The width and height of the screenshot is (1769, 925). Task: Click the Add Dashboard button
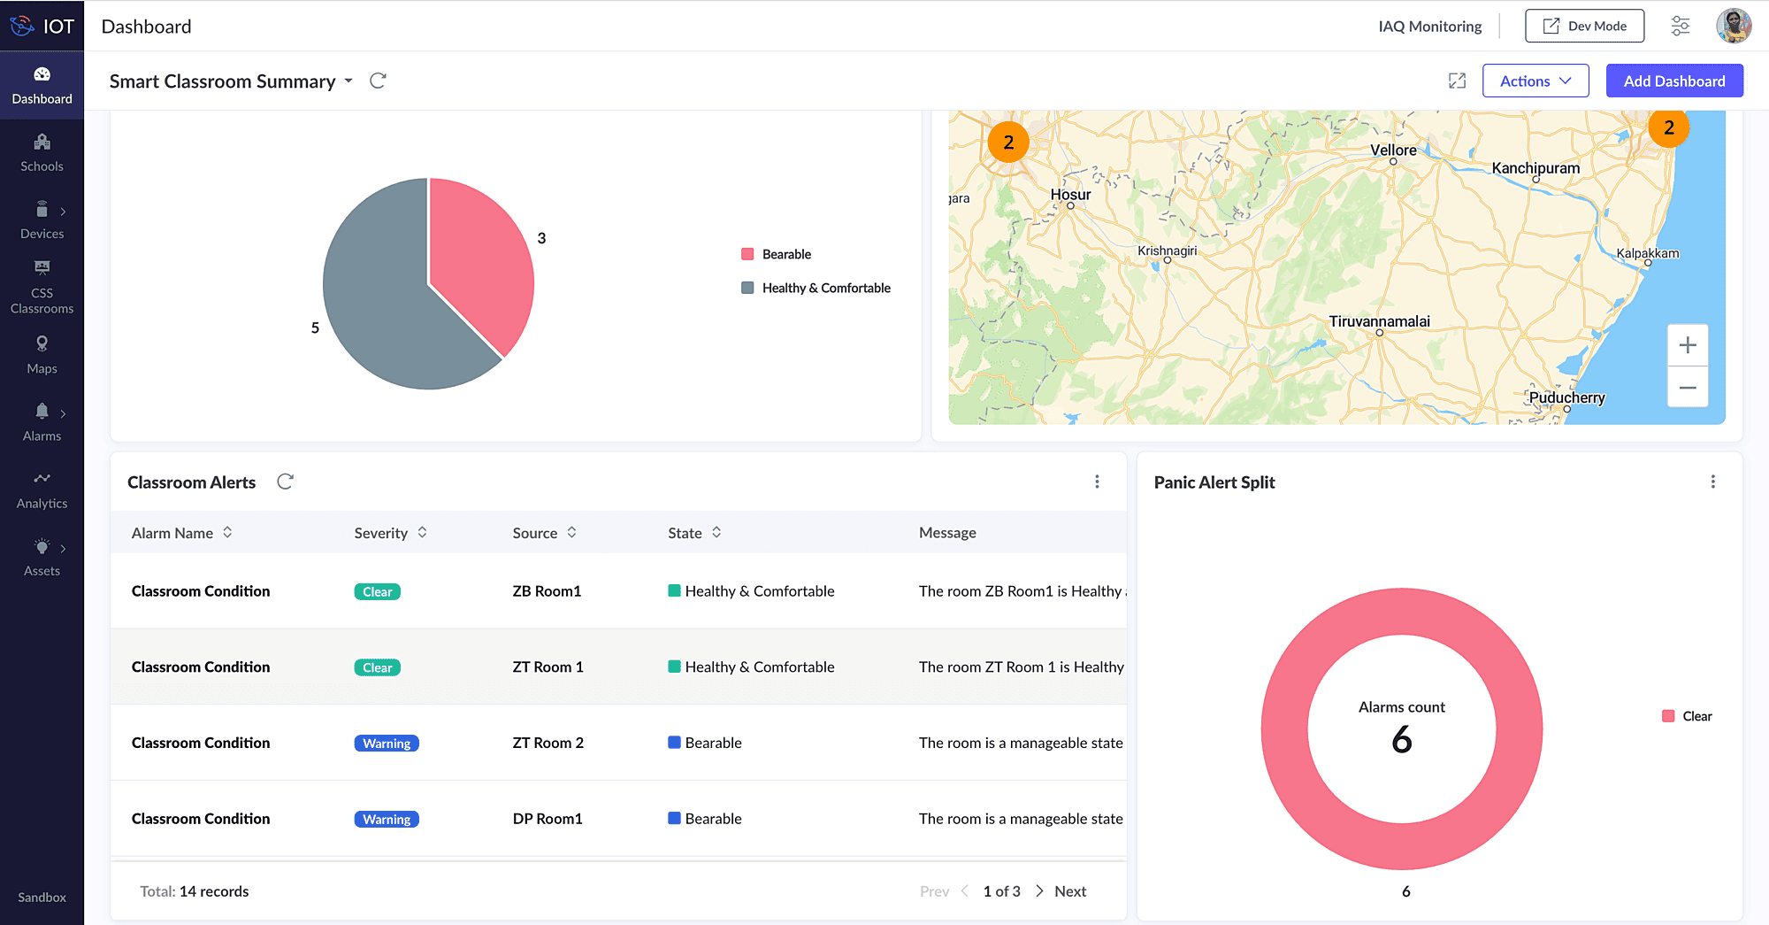[x=1673, y=81]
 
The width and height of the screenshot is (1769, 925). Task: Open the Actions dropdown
[x=1535, y=81]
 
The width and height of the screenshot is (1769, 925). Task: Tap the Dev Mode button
[x=1584, y=27]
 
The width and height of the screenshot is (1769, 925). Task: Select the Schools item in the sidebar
[x=42, y=153]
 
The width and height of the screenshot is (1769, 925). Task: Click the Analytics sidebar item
[x=42, y=490]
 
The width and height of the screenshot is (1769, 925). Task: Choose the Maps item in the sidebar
[x=42, y=355]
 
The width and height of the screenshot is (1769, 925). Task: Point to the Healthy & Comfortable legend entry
[x=825, y=289]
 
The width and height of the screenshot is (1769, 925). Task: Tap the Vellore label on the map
[x=1393, y=150]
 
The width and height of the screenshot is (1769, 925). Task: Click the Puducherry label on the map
[x=1566, y=397]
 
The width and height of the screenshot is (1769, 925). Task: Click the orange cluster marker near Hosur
[x=1007, y=143]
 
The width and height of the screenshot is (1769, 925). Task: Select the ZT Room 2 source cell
[x=548, y=743]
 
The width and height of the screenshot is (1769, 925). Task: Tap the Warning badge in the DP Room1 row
[x=387, y=820]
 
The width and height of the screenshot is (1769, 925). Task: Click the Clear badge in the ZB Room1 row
[x=377, y=592]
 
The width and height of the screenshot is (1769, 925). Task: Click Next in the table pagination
[x=1069, y=891]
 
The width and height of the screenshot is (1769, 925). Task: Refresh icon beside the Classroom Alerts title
[x=285, y=482]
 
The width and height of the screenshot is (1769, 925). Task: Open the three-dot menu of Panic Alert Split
[x=1712, y=482]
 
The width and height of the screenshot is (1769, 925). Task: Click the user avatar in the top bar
[x=1733, y=27]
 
